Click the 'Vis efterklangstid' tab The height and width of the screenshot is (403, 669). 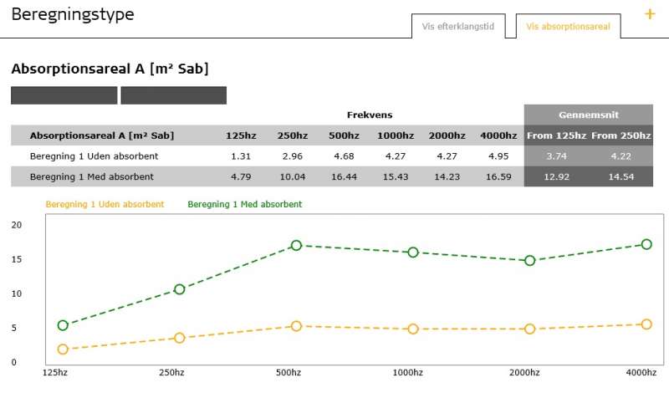pos(458,27)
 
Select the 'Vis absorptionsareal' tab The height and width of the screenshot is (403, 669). pos(568,27)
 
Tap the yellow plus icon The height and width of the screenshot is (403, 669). pos(650,14)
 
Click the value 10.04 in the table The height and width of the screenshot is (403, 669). pos(293,176)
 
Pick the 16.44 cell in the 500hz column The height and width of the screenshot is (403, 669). pos(345,176)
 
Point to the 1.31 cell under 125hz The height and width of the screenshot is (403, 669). pos(241,156)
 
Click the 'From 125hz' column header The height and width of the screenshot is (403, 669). pos(556,135)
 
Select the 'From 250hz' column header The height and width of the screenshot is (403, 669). pos(620,135)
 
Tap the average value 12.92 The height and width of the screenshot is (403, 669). pos(556,176)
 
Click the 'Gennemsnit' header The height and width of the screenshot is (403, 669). pos(588,115)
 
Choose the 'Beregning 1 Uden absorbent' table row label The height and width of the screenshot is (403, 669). pos(94,156)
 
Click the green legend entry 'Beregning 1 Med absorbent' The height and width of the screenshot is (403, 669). pos(244,204)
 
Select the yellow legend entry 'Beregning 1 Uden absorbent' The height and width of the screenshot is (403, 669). pos(105,204)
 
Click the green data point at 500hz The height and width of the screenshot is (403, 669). pos(296,245)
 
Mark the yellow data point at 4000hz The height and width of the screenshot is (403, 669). pos(646,324)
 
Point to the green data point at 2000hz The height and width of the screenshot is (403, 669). pos(529,261)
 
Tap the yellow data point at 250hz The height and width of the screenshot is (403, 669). pos(179,338)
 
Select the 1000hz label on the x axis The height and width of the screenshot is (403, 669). pos(409,372)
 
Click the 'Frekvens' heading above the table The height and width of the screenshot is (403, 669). pos(370,115)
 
